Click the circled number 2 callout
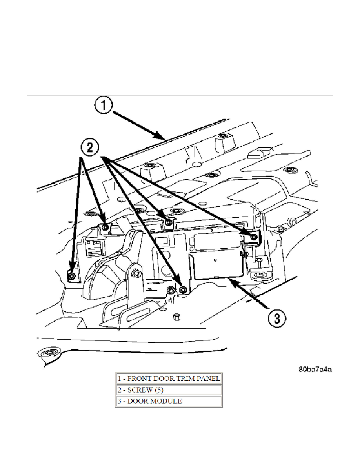pos(90,148)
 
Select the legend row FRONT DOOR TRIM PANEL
pos(169,379)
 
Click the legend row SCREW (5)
pos(169,390)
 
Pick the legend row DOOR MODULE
pos(169,401)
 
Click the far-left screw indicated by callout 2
pos(71,277)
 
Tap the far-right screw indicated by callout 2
pos(254,237)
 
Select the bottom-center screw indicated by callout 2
pos(183,289)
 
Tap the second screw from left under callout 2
pos(105,227)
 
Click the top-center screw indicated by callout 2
pos(169,223)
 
